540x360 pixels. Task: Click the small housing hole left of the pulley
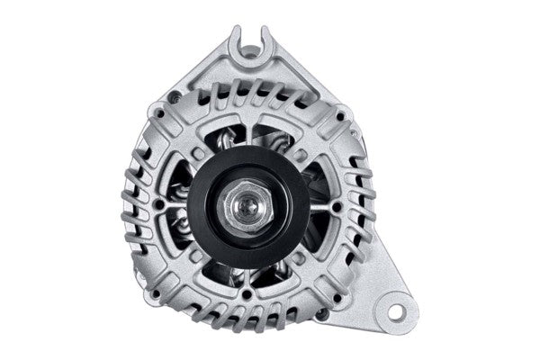click(x=159, y=205)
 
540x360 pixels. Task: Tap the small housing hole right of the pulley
click(x=336, y=206)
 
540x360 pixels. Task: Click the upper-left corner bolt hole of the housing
click(x=161, y=114)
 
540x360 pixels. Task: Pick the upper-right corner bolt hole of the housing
click(x=337, y=113)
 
